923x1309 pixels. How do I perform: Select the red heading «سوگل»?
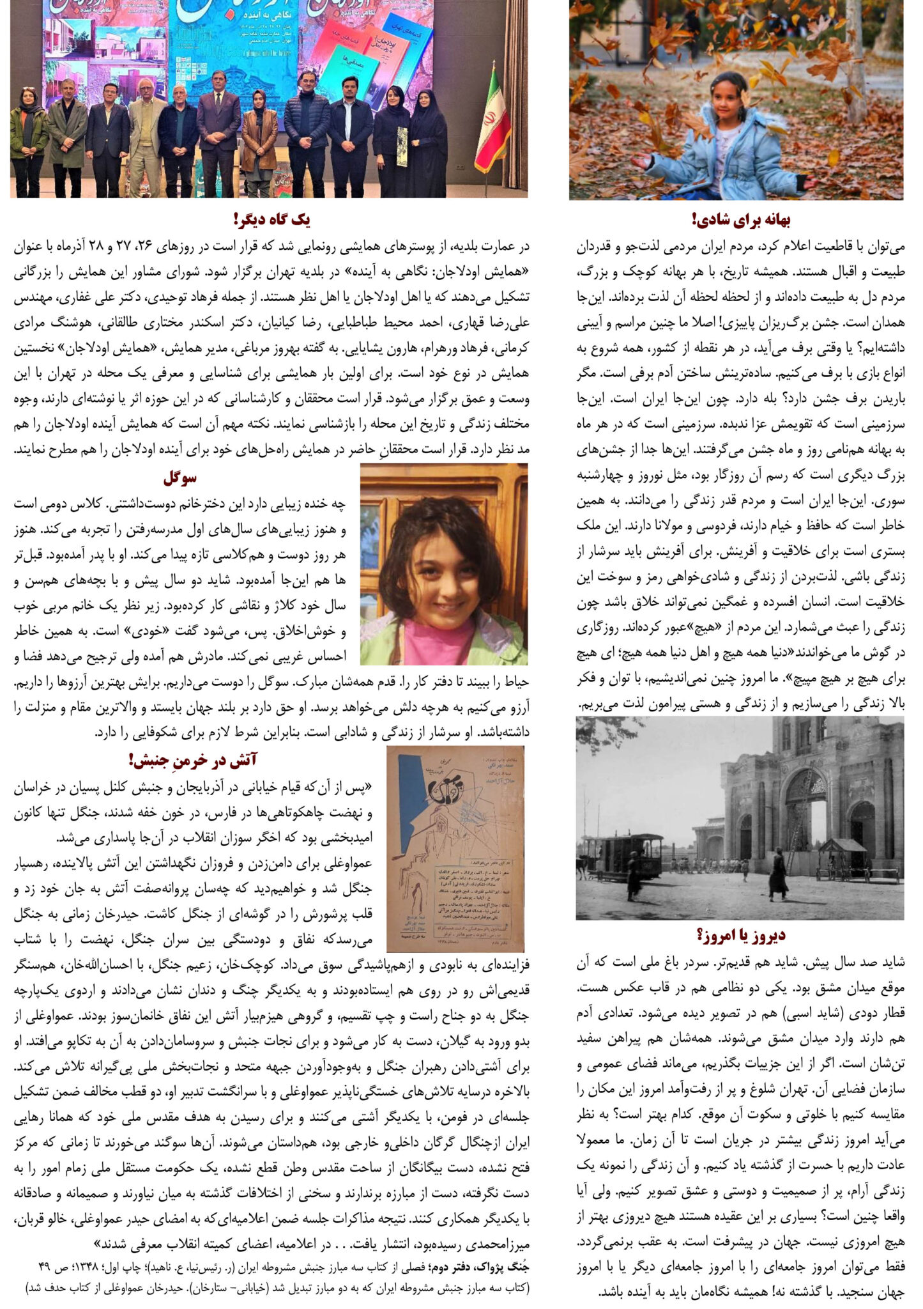click(x=180, y=477)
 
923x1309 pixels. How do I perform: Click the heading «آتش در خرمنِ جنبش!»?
click(x=193, y=759)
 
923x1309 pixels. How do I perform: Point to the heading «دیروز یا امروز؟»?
click(x=741, y=935)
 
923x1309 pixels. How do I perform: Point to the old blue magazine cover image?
click(x=455, y=849)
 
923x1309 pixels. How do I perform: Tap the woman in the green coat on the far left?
click(x=28, y=141)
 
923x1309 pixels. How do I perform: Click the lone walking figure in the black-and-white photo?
click(x=777, y=872)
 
